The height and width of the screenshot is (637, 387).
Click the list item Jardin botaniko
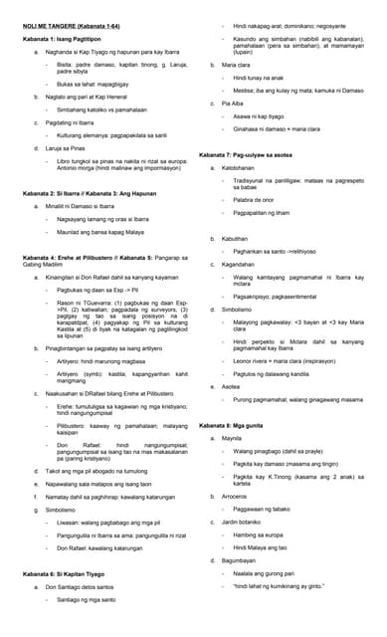point(245,521)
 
